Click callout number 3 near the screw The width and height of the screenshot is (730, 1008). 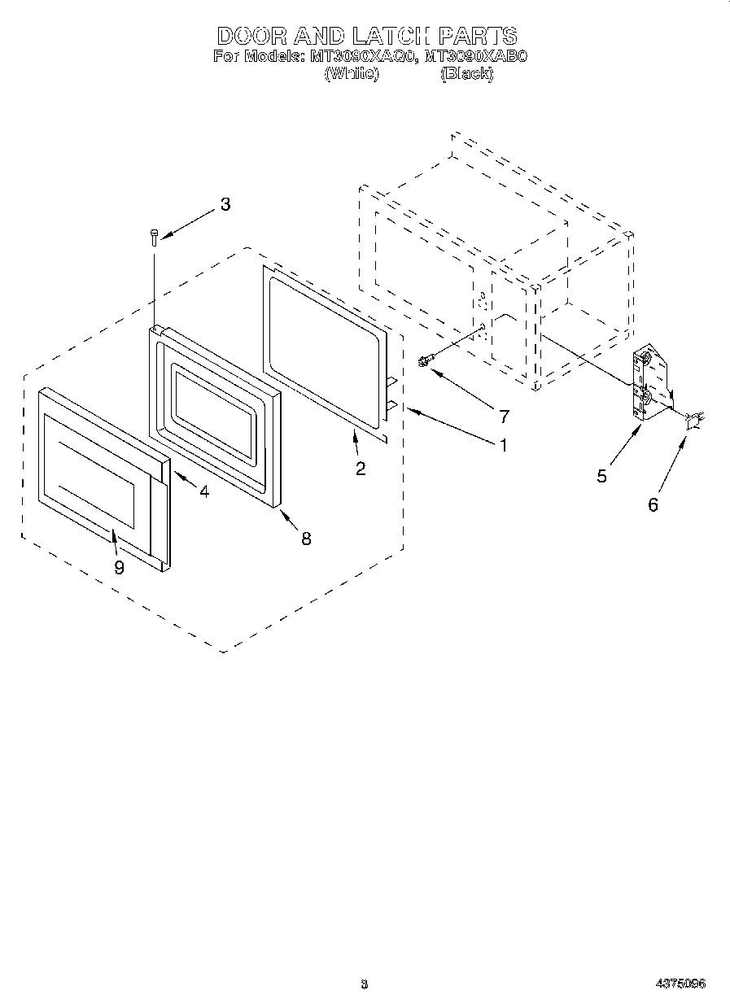pyautogui.click(x=225, y=204)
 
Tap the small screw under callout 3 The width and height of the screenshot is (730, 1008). pyautogui.click(x=154, y=236)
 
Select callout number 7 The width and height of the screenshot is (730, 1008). pyautogui.click(x=504, y=417)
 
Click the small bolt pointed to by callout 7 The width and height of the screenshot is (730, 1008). pyautogui.click(x=424, y=361)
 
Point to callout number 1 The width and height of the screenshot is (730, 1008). pyautogui.click(x=504, y=445)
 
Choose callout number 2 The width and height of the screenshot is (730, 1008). pyautogui.click(x=360, y=468)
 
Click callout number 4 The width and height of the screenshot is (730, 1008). pyautogui.click(x=203, y=492)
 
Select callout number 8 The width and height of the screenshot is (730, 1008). pyautogui.click(x=306, y=538)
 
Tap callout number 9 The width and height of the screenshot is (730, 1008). pyautogui.click(x=119, y=568)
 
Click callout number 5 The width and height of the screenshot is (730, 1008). pyautogui.click(x=601, y=476)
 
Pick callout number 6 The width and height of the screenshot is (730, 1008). pyautogui.click(x=653, y=504)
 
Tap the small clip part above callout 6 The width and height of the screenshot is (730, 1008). pyautogui.click(x=693, y=420)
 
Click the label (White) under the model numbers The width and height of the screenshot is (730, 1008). pyautogui.click(x=352, y=73)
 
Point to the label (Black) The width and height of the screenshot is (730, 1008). pyautogui.click(x=466, y=73)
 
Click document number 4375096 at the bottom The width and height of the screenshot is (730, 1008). pyautogui.click(x=680, y=984)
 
